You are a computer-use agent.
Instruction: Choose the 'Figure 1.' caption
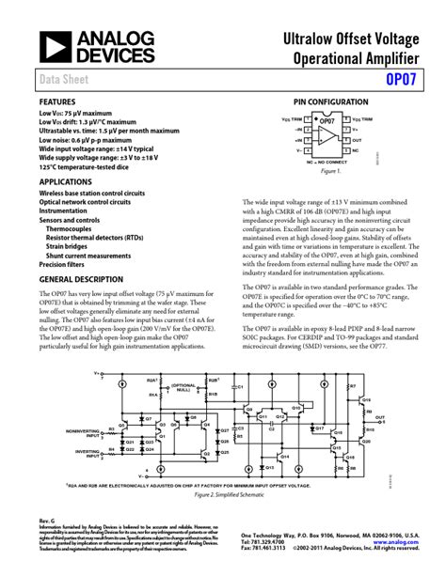329,172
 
